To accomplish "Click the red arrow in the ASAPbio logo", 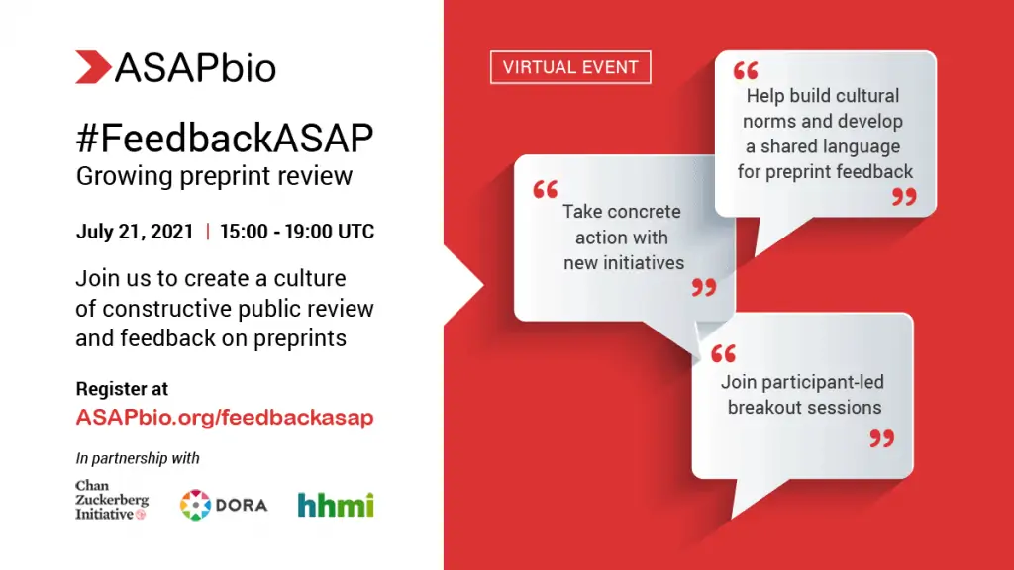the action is pyautogui.click(x=92, y=67).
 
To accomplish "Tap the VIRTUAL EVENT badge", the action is pyautogui.click(x=570, y=67).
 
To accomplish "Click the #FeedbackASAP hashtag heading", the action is pyautogui.click(x=225, y=138).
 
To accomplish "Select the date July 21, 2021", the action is pyautogui.click(x=135, y=232).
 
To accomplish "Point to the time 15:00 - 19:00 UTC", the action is pyautogui.click(x=297, y=232).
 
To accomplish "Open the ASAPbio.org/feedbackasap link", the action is pyautogui.click(x=225, y=418).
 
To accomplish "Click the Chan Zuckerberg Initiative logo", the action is pyautogui.click(x=112, y=500).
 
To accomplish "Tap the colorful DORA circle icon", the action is pyautogui.click(x=195, y=505).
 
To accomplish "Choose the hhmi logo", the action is pyautogui.click(x=336, y=505).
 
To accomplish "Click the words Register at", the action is pyautogui.click(x=122, y=388).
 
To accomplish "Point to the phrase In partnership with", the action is pyautogui.click(x=138, y=458).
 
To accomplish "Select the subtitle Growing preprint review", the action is pyautogui.click(x=214, y=176).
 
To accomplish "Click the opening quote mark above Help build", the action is pyautogui.click(x=746, y=70).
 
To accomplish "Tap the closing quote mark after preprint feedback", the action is pyautogui.click(x=904, y=197).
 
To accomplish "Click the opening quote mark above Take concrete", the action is pyautogui.click(x=546, y=189).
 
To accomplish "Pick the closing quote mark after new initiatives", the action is pyautogui.click(x=704, y=287).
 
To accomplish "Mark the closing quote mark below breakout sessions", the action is pyautogui.click(x=881, y=438).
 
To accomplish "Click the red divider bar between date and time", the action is pyautogui.click(x=208, y=232).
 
